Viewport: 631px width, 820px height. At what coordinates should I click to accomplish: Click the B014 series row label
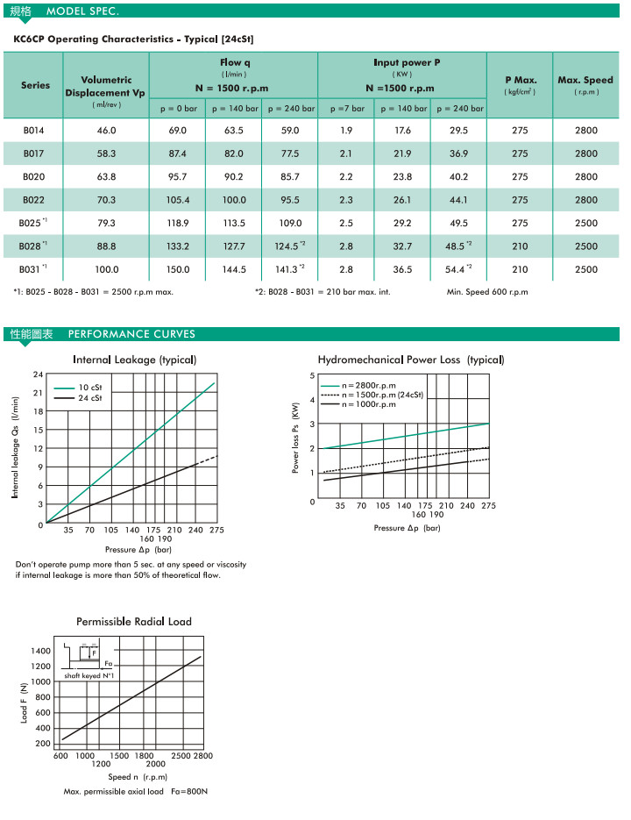33,131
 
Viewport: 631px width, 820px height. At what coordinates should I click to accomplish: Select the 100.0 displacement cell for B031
107,269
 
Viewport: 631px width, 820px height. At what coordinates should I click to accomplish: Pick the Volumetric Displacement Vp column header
107,86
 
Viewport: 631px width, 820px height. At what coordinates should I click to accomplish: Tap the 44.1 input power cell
458,200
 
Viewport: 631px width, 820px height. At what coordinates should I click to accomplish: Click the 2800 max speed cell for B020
585,177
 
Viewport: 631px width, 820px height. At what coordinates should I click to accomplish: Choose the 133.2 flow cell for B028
178,246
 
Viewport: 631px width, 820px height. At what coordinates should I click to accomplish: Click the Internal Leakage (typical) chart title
134,360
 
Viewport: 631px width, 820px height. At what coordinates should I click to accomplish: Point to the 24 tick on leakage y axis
38,375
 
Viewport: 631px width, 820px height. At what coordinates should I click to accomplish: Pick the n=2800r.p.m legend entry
369,385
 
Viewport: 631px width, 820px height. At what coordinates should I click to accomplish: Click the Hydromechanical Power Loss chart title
411,360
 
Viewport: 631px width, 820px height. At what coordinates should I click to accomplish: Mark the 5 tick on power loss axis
313,375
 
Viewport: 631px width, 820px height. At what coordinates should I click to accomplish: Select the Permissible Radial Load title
134,622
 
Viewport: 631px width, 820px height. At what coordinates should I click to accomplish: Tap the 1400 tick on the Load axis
41,651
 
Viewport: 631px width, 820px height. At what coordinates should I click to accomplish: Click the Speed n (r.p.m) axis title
138,777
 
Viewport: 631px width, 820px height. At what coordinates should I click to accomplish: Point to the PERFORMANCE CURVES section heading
131,334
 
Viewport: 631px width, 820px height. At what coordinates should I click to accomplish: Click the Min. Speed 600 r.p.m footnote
487,292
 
